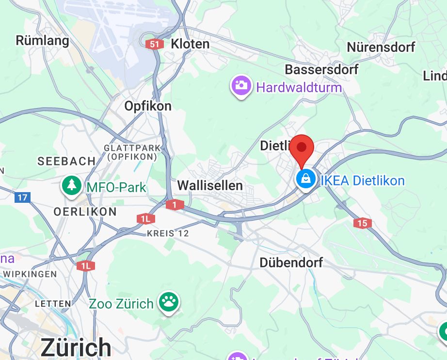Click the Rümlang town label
[43, 40]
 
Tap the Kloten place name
[190, 44]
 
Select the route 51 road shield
[153, 44]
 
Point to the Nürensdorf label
[381, 47]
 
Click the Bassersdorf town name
[321, 69]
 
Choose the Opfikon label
[148, 106]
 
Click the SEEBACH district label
[66, 161]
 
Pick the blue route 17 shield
[22, 197]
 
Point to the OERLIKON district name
[85, 212]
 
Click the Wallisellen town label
[210, 185]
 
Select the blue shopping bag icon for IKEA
[306, 180]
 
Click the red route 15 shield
[363, 223]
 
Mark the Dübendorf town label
[291, 262]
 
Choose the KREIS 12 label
[168, 233]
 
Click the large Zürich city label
[76, 346]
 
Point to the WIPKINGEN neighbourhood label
[30, 274]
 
